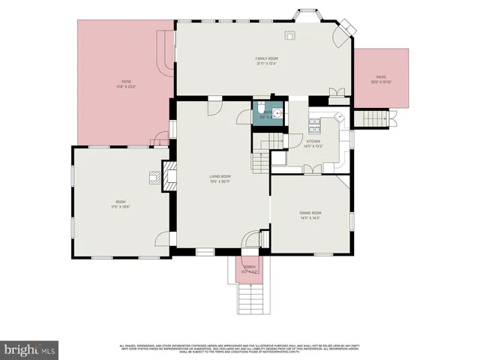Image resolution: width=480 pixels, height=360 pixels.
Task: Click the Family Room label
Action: tap(266, 61)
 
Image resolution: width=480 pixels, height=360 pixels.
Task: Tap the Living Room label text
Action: tap(219, 178)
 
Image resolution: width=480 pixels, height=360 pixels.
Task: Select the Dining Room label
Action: tap(310, 215)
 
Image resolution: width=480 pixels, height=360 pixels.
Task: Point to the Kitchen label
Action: tap(313, 143)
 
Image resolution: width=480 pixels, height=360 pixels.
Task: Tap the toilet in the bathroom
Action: tap(259, 111)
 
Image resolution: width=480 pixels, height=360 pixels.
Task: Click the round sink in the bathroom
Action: tap(277, 113)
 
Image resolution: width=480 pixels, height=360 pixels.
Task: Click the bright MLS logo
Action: tap(30, 349)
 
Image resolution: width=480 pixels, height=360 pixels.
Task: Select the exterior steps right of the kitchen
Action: tap(371, 118)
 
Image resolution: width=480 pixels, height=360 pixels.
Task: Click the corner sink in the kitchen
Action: tap(339, 118)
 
